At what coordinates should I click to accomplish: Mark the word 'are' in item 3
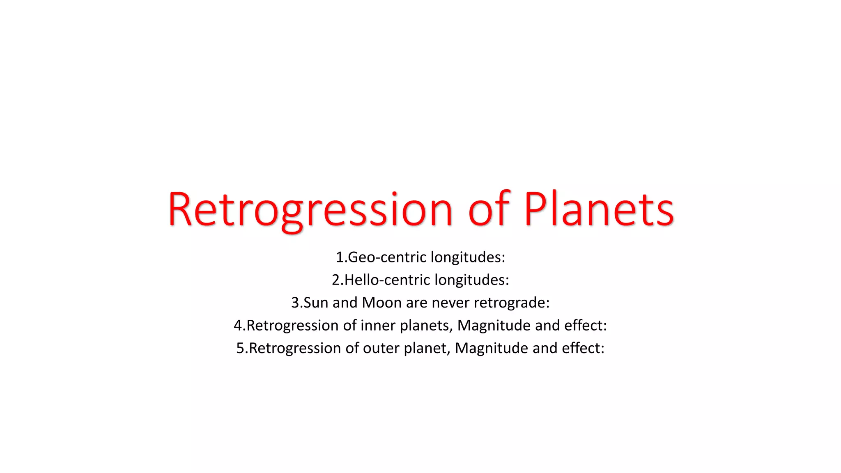[416, 303]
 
